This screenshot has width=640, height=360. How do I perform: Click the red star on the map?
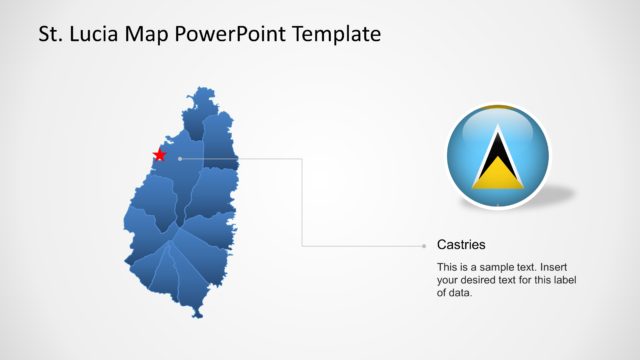158,155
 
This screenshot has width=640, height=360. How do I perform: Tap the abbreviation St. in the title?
50,34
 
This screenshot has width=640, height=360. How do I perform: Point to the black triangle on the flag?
497,156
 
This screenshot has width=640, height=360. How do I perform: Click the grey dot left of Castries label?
423,244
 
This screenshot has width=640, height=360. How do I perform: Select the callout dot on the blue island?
179,158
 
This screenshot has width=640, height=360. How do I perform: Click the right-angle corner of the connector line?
302,158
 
